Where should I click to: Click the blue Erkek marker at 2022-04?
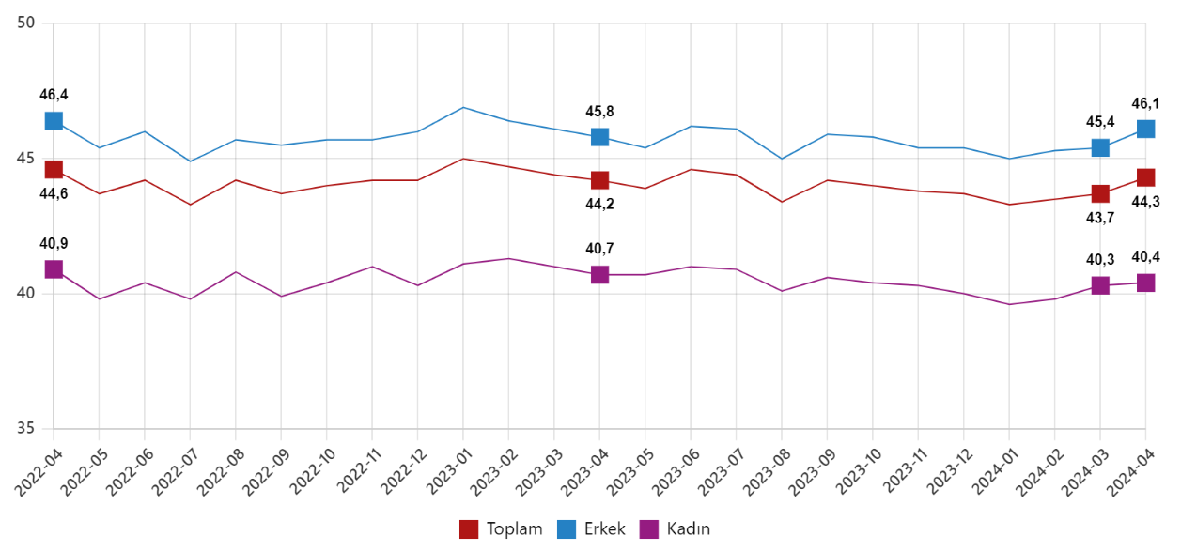54,121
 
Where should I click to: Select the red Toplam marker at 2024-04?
1145,177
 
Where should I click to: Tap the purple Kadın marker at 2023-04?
599,275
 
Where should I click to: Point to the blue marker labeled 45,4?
1100,147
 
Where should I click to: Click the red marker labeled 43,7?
1100,193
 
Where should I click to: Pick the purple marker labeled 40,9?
54,269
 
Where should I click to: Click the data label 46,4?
54,95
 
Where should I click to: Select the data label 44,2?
598,204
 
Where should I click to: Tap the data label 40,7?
598,249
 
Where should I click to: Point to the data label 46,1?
1145,103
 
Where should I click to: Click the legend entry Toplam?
502,528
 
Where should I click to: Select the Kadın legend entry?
675,528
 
